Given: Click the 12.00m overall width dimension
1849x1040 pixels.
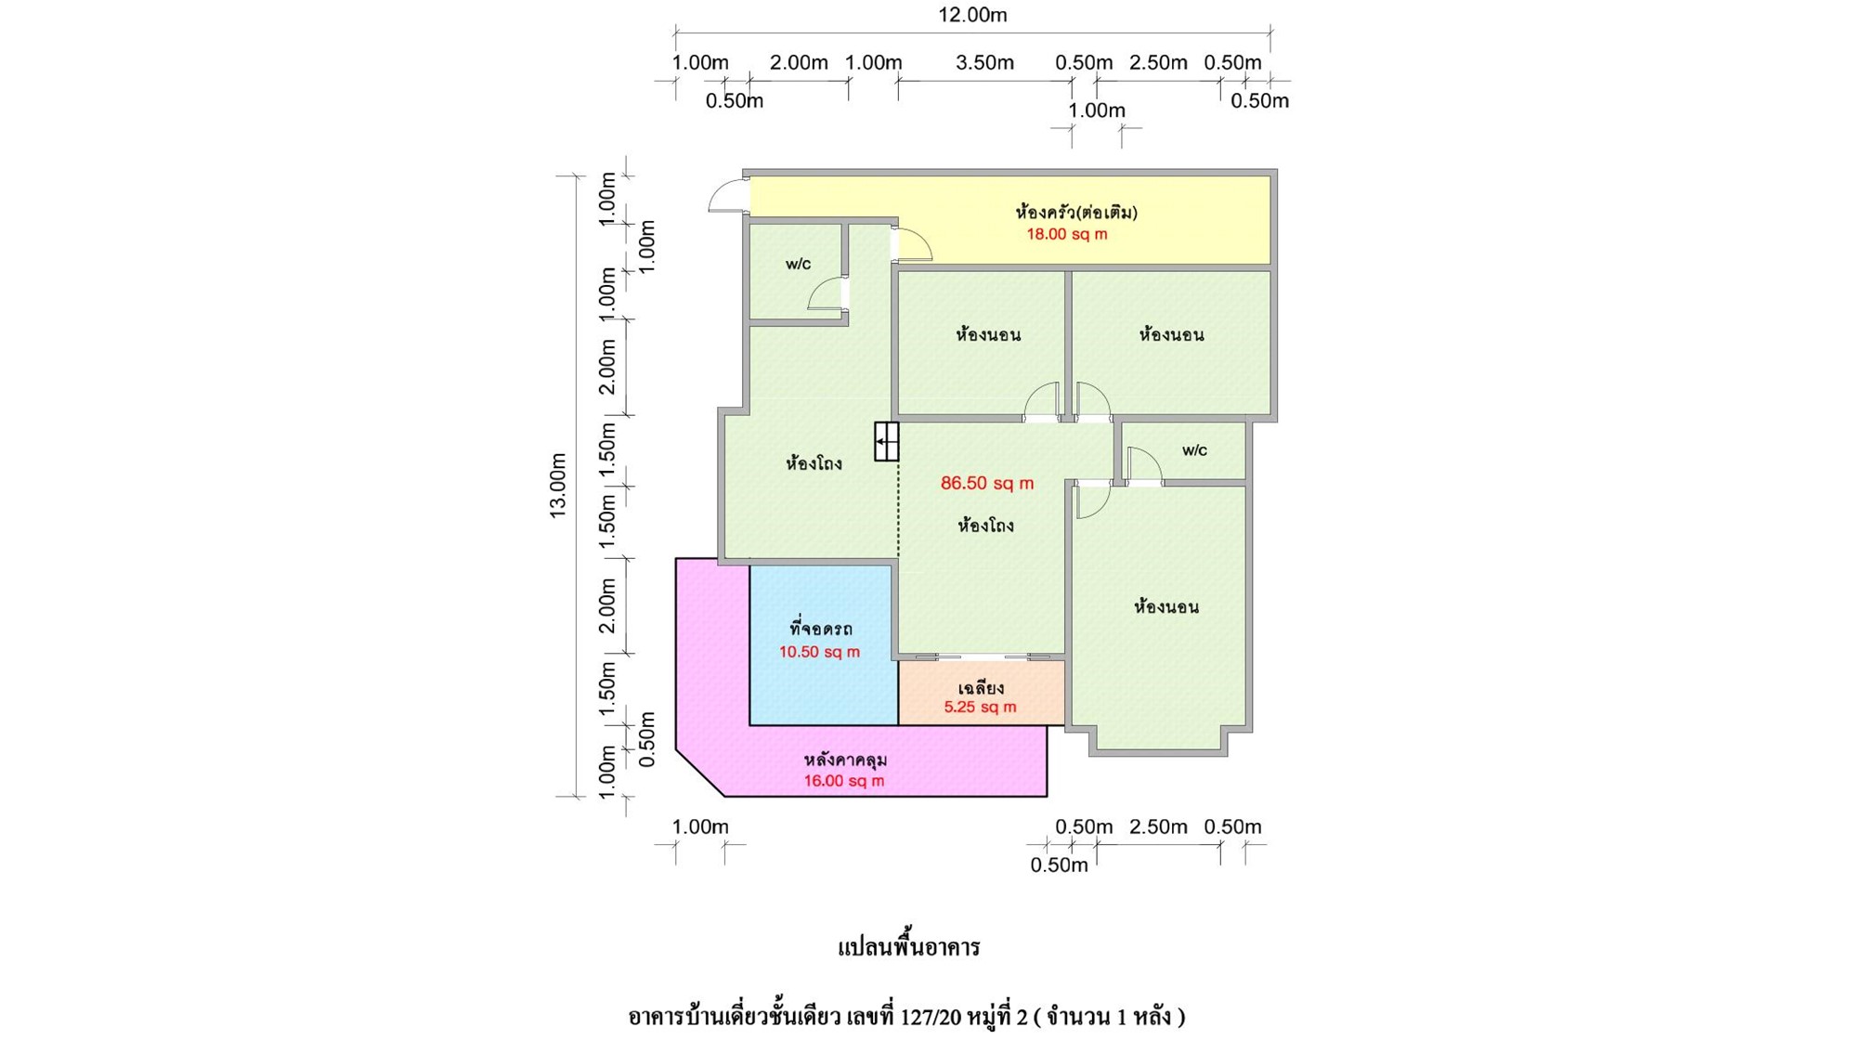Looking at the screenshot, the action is (x=972, y=15).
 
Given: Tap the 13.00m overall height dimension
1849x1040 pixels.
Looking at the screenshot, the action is (x=557, y=486).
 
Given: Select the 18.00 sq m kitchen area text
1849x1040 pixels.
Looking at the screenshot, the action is (x=1066, y=234).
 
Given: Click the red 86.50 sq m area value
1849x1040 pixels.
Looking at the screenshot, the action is (x=986, y=483).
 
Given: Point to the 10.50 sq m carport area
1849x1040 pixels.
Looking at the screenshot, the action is (x=819, y=652).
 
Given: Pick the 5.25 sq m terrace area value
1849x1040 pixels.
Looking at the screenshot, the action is (x=980, y=707).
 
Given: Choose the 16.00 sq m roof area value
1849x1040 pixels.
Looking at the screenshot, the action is (x=843, y=781).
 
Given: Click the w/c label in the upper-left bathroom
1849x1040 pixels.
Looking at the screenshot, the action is (x=798, y=264).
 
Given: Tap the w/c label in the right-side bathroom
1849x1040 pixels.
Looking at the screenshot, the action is (x=1194, y=450).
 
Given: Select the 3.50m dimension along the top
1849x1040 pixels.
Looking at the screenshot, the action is (x=984, y=62).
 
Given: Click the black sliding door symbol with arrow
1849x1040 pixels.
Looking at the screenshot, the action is (x=886, y=441).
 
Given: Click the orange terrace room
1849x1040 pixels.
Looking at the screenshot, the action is (x=981, y=693).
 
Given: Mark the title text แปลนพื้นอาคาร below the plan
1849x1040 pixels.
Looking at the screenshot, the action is (x=909, y=947).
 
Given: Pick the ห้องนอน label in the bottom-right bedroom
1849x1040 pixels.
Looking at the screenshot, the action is (x=1165, y=607).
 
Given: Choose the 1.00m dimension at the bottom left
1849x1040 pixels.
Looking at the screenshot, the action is (x=700, y=826).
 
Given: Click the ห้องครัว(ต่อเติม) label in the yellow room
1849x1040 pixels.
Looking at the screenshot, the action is (x=1076, y=213).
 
